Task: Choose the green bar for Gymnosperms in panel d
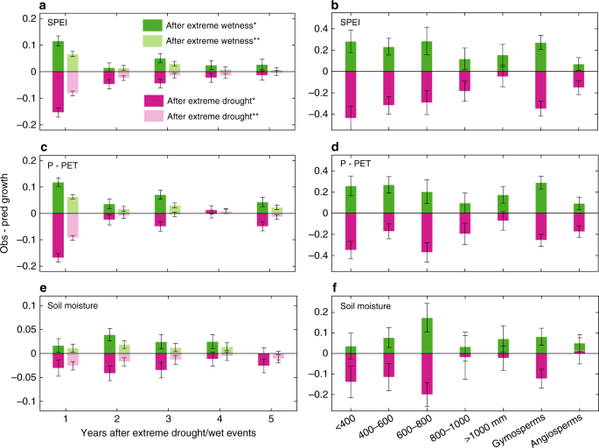tap(546, 198)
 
